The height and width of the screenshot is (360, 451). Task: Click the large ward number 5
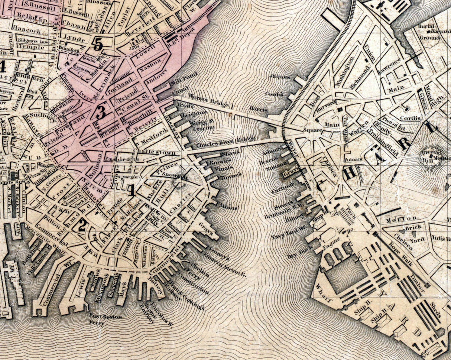pyautogui.click(x=98, y=45)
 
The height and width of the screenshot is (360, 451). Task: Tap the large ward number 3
pyautogui.click(x=100, y=112)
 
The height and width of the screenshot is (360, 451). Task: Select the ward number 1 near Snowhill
pyautogui.click(x=132, y=191)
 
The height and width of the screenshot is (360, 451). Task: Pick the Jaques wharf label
pyautogui.click(x=280, y=77)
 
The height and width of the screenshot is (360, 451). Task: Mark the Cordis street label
pyautogui.click(x=410, y=118)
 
